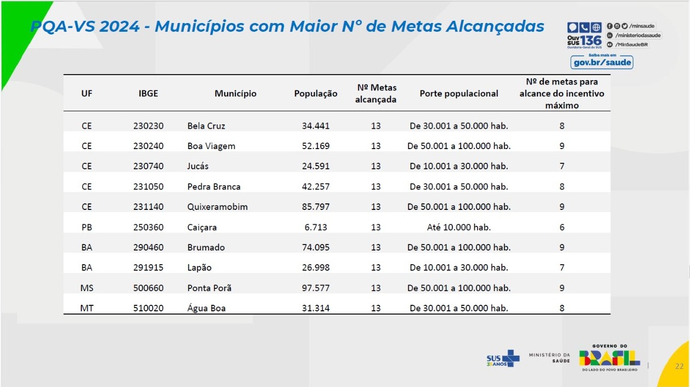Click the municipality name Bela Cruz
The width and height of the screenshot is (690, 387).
click(x=206, y=126)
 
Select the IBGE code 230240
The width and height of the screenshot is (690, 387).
click(x=148, y=146)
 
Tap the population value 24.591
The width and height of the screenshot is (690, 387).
click(x=316, y=166)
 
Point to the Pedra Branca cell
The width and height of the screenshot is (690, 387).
click(x=214, y=186)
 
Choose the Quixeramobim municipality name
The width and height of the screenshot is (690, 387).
click(x=217, y=207)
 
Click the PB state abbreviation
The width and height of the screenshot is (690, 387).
click(x=87, y=227)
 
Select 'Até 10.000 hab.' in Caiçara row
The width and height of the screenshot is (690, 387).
click(x=459, y=227)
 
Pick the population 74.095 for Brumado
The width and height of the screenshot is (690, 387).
click(x=316, y=247)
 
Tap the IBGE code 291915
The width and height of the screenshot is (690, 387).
click(x=148, y=268)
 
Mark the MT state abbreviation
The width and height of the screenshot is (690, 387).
click(x=87, y=308)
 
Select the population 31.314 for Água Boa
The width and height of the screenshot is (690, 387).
click(x=316, y=308)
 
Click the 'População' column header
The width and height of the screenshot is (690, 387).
click(x=316, y=94)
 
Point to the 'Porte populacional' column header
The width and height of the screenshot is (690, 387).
click(x=459, y=94)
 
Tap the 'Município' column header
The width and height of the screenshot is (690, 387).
click(x=235, y=94)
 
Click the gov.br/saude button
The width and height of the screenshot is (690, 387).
click(x=602, y=63)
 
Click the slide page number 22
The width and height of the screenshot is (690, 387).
click(x=679, y=366)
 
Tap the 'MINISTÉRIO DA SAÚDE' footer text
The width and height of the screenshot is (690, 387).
click(x=549, y=357)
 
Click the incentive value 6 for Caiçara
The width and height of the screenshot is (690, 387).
click(x=562, y=227)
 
